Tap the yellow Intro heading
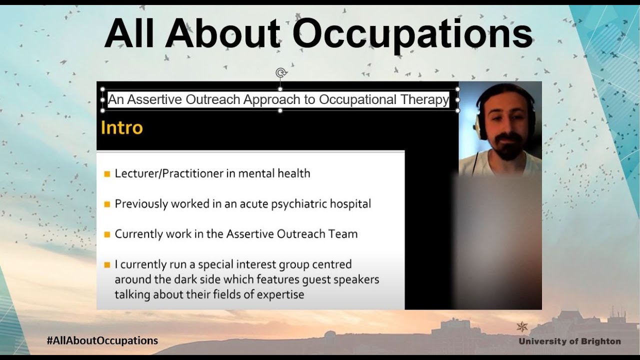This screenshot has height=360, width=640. [121, 127]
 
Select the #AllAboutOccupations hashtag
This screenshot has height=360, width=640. [102, 340]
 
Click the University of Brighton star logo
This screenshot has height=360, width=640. [522, 327]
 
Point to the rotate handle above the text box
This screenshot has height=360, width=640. [280, 73]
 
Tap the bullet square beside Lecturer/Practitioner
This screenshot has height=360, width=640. [106, 174]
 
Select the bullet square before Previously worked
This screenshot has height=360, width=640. [106, 204]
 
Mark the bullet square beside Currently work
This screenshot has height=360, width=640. [106, 234]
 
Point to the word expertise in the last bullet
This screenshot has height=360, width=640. [280, 294]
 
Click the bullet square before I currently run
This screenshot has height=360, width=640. [106, 264]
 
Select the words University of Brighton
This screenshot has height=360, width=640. [569, 341]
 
